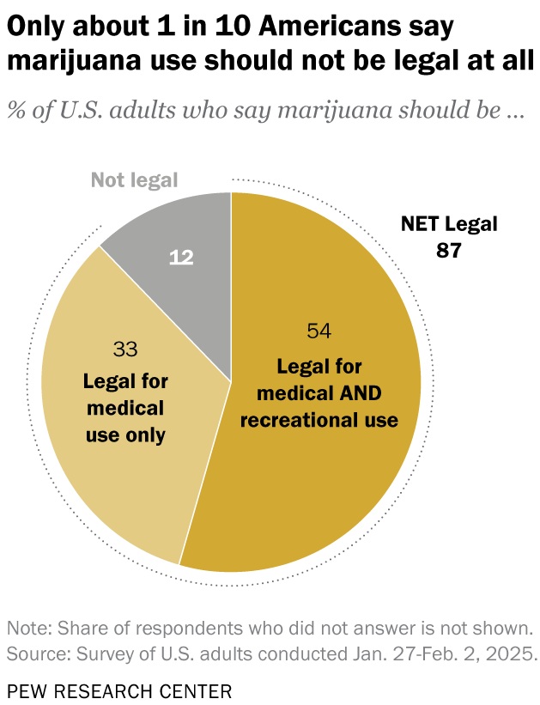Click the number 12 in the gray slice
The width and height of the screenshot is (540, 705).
click(x=180, y=258)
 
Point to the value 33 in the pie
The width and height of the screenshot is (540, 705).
click(x=126, y=349)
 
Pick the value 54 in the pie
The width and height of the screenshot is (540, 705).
click(x=319, y=331)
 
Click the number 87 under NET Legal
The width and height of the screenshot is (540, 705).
click(x=448, y=251)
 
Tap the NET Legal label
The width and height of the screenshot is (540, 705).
click(x=449, y=225)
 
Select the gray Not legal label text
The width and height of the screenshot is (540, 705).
click(x=134, y=180)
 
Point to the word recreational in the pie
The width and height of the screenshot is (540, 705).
click(x=298, y=420)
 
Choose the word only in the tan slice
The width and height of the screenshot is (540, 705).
click(x=146, y=435)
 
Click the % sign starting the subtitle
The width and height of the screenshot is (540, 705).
click(x=15, y=112)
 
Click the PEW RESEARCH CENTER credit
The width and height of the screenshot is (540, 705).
click(x=119, y=690)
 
